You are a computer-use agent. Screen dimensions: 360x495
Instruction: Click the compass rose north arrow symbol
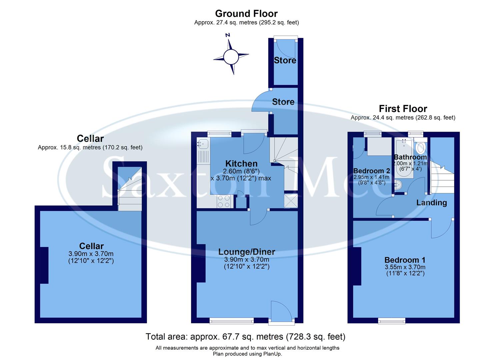tap(231, 56)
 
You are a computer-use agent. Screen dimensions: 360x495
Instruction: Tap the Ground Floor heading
tap(246, 14)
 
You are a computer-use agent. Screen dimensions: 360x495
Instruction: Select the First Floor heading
tap(403, 109)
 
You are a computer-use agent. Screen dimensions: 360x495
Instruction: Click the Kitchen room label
tap(241, 164)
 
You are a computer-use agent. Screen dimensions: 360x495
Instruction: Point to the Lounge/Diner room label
tap(247, 252)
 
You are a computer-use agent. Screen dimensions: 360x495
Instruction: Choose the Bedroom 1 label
tap(405, 260)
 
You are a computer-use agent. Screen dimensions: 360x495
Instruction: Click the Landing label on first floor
tap(431, 203)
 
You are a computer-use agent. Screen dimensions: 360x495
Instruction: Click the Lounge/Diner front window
tap(231, 321)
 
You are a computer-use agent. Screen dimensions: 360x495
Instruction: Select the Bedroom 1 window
tap(392, 321)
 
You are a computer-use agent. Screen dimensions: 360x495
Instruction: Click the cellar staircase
tap(129, 193)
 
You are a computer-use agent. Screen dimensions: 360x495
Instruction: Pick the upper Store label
tap(285, 60)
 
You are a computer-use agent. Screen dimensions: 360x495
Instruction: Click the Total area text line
tap(245, 337)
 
